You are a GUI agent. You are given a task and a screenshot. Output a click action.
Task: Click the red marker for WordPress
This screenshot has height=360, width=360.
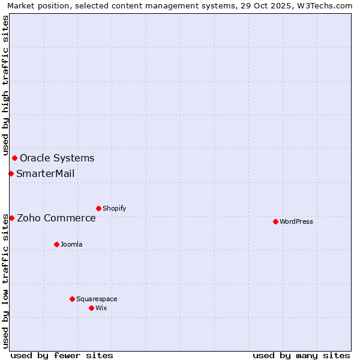(275, 221)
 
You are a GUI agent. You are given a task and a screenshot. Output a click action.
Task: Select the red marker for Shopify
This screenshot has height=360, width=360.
(98, 208)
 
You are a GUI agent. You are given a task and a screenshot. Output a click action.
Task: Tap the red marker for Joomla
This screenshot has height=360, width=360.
(56, 244)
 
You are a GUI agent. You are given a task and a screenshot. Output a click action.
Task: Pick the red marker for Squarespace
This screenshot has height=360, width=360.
(72, 299)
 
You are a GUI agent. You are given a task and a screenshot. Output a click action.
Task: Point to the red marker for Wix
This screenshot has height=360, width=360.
(91, 308)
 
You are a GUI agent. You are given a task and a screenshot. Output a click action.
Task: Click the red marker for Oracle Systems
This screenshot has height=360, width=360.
(14, 158)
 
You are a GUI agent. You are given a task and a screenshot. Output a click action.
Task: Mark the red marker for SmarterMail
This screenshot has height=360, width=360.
(11, 173)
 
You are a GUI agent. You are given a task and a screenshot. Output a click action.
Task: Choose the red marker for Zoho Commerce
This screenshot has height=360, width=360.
(11, 218)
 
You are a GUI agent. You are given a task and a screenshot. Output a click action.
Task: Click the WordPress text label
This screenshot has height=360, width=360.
(296, 221)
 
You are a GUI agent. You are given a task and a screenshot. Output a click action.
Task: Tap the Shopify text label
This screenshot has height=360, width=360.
(115, 208)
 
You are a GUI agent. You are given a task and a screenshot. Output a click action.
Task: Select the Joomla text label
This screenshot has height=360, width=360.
(71, 244)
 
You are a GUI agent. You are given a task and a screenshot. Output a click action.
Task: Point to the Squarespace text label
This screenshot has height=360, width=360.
(97, 299)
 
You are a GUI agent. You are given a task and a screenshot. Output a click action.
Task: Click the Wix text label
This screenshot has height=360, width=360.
(101, 308)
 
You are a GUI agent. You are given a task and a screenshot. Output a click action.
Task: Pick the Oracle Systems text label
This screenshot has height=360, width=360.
(57, 158)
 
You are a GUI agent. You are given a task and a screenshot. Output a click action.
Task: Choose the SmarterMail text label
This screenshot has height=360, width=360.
(46, 174)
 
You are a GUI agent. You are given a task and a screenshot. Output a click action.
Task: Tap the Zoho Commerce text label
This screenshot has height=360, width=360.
(56, 218)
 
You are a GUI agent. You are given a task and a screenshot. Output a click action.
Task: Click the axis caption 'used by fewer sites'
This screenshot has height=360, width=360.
(62, 355)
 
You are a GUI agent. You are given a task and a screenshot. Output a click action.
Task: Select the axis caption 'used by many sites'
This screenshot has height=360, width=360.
(301, 355)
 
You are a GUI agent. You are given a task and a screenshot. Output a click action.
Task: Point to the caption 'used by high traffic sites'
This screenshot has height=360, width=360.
(5, 85)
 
